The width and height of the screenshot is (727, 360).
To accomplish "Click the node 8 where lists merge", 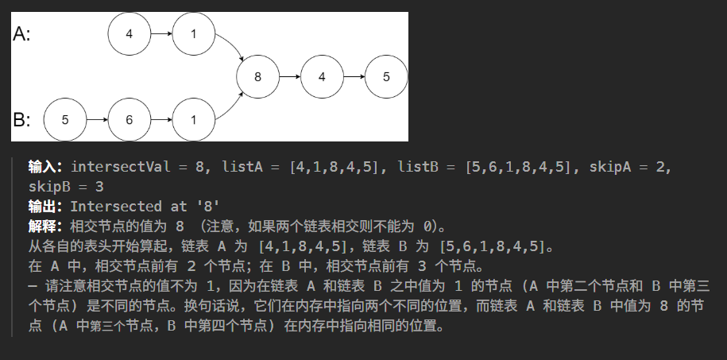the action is (257, 77).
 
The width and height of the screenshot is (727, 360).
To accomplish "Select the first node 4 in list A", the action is (129, 34).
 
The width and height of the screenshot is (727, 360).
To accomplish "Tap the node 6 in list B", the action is (129, 120).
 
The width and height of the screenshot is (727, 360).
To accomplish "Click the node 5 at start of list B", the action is (64, 120).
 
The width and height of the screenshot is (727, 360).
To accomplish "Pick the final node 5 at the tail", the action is (386, 77).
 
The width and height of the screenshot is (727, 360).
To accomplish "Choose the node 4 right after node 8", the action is (322, 77).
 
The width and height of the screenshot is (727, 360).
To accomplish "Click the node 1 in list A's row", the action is (193, 34).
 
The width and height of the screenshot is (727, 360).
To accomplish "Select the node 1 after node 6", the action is (193, 120).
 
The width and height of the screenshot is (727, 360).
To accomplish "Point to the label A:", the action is (22, 35).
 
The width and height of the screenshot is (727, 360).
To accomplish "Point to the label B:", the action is (22, 121).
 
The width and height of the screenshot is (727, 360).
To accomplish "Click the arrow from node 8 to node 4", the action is (289, 77).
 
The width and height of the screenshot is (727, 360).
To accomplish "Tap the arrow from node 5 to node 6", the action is (96, 120).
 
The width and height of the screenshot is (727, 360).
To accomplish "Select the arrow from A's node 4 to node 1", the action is (160, 34).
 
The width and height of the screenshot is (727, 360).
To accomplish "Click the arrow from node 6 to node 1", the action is (160, 120).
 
